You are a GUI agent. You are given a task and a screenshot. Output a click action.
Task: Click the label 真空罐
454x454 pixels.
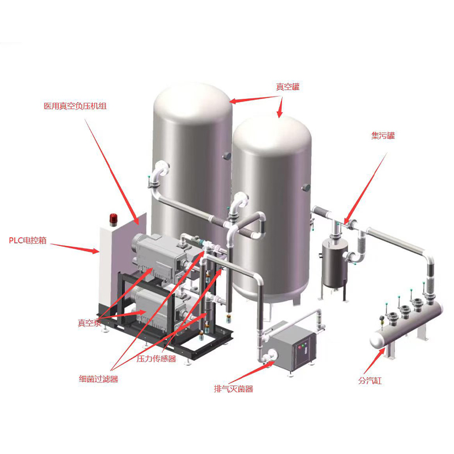click(x=288, y=87)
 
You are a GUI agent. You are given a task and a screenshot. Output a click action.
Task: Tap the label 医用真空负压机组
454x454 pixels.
click(x=75, y=106)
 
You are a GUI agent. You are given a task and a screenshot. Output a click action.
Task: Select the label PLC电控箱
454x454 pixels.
click(x=28, y=240)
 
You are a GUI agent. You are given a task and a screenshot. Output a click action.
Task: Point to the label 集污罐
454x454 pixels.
click(x=382, y=136)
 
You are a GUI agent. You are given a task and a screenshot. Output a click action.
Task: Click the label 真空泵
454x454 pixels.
click(x=90, y=323)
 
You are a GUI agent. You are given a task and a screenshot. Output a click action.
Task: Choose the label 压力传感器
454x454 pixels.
click(x=157, y=359)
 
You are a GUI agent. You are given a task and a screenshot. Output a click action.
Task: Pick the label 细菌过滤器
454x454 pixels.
click(x=98, y=379)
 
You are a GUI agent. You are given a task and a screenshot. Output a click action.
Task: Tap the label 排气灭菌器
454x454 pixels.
click(x=233, y=389)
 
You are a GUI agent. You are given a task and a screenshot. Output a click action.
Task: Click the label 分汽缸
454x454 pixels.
click(x=370, y=380)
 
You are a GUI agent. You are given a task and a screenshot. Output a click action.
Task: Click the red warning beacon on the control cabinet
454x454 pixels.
click(x=113, y=220)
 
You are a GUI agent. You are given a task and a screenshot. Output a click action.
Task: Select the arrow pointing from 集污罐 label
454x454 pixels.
click(x=365, y=188)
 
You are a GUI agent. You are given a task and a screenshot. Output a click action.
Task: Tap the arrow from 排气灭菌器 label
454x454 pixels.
click(x=251, y=373)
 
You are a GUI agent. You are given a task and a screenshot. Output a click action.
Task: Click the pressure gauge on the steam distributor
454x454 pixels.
click(x=382, y=318)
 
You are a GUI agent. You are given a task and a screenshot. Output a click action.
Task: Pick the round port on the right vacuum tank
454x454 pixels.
click(x=306, y=188)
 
